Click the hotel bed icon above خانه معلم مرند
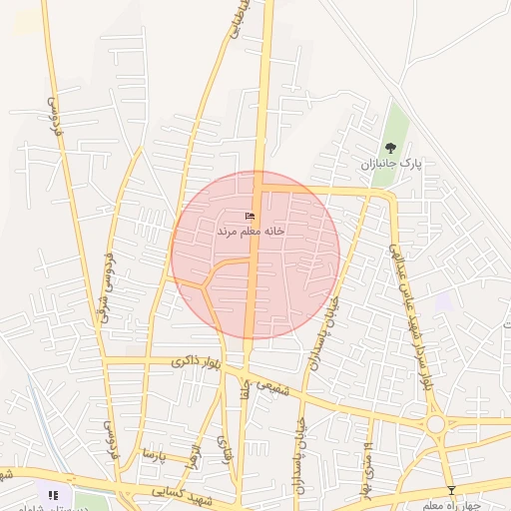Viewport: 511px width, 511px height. (x=250, y=217)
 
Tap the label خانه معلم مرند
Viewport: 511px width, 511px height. (x=252, y=231)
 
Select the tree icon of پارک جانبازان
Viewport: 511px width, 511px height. (x=390, y=148)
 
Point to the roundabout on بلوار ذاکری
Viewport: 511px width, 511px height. (x=436, y=424)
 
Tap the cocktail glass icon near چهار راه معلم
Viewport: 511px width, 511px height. (x=451, y=490)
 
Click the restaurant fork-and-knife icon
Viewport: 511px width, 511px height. (x=53, y=494)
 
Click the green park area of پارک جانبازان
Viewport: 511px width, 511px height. (x=397, y=125)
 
